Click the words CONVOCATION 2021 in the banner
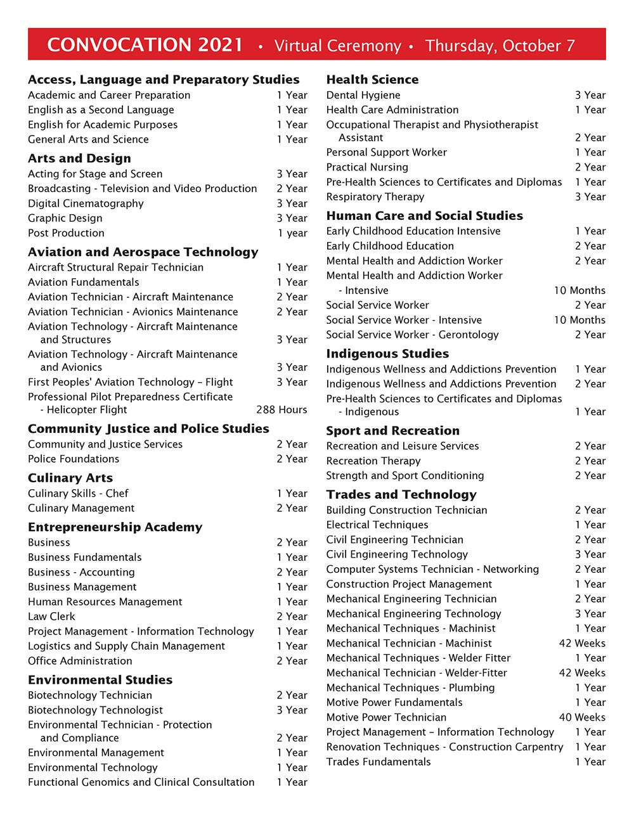(145, 45)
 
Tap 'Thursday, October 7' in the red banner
(500, 46)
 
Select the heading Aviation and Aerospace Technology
(143, 252)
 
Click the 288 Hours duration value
(281, 410)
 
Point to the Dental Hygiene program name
(363, 95)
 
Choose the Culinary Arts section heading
(70, 478)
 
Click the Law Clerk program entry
(51, 617)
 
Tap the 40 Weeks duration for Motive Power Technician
(582, 717)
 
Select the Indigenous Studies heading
(387, 354)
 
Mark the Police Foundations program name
(74, 459)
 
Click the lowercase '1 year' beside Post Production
(292, 233)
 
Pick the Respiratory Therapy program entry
(375, 197)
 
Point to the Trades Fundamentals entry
(378, 762)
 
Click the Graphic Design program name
(65, 218)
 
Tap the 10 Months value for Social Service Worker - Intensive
(579, 320)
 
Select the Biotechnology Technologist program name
(95, 710)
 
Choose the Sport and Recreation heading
(393, 431)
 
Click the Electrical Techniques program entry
(377, 525)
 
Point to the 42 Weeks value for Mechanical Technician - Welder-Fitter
(582, 673)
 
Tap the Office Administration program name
(80, 661)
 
